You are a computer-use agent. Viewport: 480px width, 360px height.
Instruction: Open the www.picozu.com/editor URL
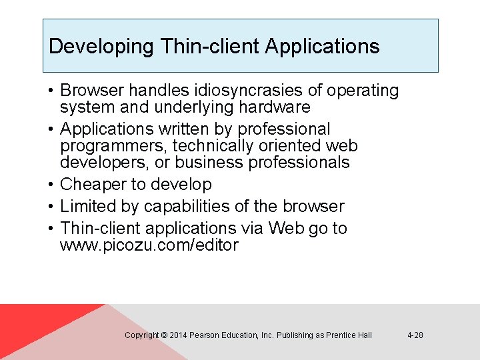point(149,245)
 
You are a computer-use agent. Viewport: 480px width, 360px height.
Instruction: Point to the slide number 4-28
point(415,335)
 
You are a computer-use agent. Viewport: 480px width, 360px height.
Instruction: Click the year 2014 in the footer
point(178,335)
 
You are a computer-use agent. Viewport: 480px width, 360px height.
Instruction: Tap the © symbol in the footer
point(164,335)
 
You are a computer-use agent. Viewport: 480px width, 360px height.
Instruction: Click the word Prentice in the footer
point(341,335)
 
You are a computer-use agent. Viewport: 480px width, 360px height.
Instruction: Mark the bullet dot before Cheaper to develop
point(51,185)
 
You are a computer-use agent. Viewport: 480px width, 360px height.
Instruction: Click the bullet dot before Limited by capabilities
point(51,207)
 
